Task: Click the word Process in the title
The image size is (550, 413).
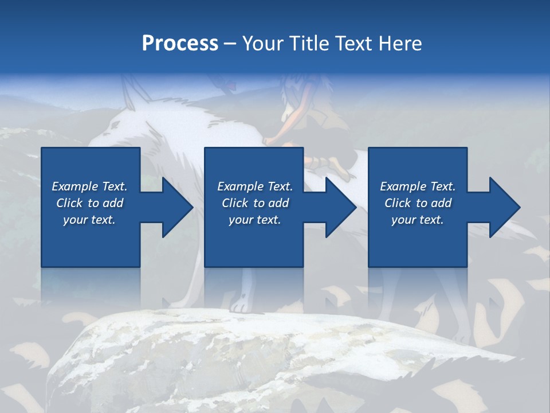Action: pos(180,44)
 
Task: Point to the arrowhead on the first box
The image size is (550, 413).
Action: pos(175,207)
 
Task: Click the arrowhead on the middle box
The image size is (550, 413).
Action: pos(339,207)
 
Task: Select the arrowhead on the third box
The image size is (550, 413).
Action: pos(503,207)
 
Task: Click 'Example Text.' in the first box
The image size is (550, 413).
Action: pos(90,186)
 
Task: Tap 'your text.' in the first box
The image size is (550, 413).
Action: pos(90,220)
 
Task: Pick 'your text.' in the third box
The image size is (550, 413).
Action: pos(418,220)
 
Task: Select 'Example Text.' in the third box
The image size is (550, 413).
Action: pos(418,186)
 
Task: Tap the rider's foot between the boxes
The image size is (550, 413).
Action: pos(335,166)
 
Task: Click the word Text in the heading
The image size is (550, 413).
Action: pos(353,44)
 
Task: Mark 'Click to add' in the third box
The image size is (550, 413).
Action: pos(418,203)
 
